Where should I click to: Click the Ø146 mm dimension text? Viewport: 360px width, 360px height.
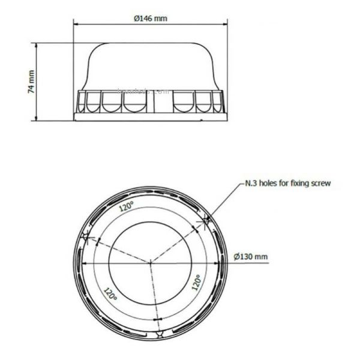coord(151,18)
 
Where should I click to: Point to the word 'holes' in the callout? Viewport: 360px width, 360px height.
coord(268,183)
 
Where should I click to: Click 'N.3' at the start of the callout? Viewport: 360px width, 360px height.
coord(249,183)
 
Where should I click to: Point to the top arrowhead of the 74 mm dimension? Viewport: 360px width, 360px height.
coord(38,44)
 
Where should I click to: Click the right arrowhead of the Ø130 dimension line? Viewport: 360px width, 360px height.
coord(215,262)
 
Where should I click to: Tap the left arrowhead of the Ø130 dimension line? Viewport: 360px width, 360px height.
coord(85,262)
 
